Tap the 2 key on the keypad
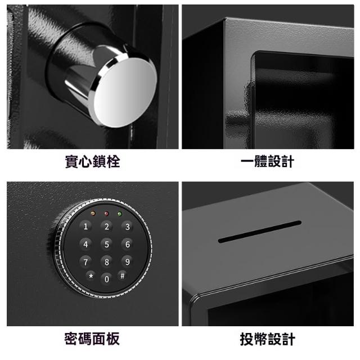(106, 226)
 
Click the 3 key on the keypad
(128, 226)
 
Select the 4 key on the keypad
(85, 244)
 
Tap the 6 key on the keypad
(128, 244)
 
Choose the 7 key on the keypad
(85, 262)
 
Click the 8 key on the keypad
(106, 262)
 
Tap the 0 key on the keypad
(106, 279)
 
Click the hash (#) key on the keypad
(123, 276)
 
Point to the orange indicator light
(93, 214)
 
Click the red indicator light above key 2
(106, 214)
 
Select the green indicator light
(119, 214)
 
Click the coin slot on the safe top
(259, 232)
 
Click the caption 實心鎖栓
(92, 161)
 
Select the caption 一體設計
(268, 161)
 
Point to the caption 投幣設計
(268, 339)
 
